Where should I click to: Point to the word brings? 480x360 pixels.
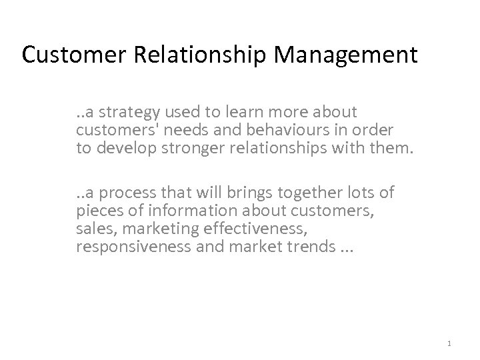[x=245, y=193]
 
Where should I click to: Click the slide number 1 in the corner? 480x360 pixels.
[x=451, y=343]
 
